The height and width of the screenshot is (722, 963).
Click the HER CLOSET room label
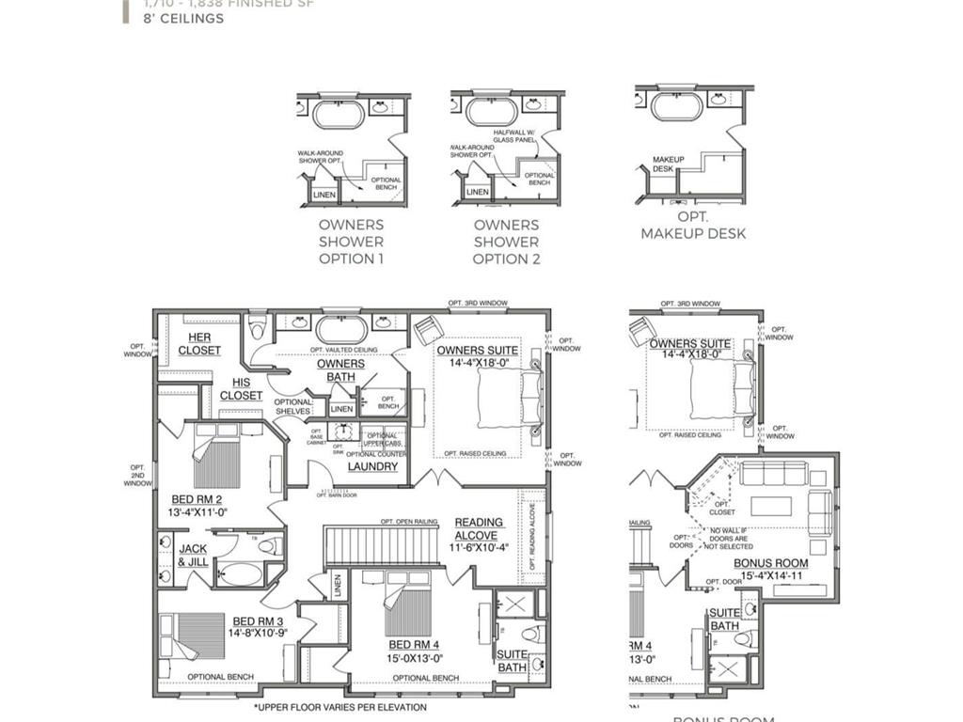pyautogui.click(x=199, y=344)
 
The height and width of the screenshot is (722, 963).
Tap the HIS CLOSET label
pyautogui.click(x=241, y=389)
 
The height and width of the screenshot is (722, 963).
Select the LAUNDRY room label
pyautogui.click(x=372, y=466)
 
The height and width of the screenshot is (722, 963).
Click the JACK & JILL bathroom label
pyautogui.click(x=193, y=556)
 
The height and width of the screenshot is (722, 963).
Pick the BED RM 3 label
pyautogui.click(x=257, y=626)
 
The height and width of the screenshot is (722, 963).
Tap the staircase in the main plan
pyautogui.click(x=382, y=546)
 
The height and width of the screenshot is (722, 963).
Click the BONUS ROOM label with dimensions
pyautogui.click(x=770, y=570)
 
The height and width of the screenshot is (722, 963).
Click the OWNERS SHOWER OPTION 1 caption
pyautogui.click(x=351, y=242)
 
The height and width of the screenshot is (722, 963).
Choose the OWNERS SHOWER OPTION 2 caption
pyautogui.click(x=506, y=242)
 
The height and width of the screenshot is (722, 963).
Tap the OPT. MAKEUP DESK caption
pyautogui.click(x=693, y=226)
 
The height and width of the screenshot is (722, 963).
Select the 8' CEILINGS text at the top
pyautogui.click(x=183, y=18)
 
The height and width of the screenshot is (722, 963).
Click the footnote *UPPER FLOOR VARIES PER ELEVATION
pyautogui.click(x=339, y=707)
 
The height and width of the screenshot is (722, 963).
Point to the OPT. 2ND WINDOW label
pyautogui.click(x=137, y=475)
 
